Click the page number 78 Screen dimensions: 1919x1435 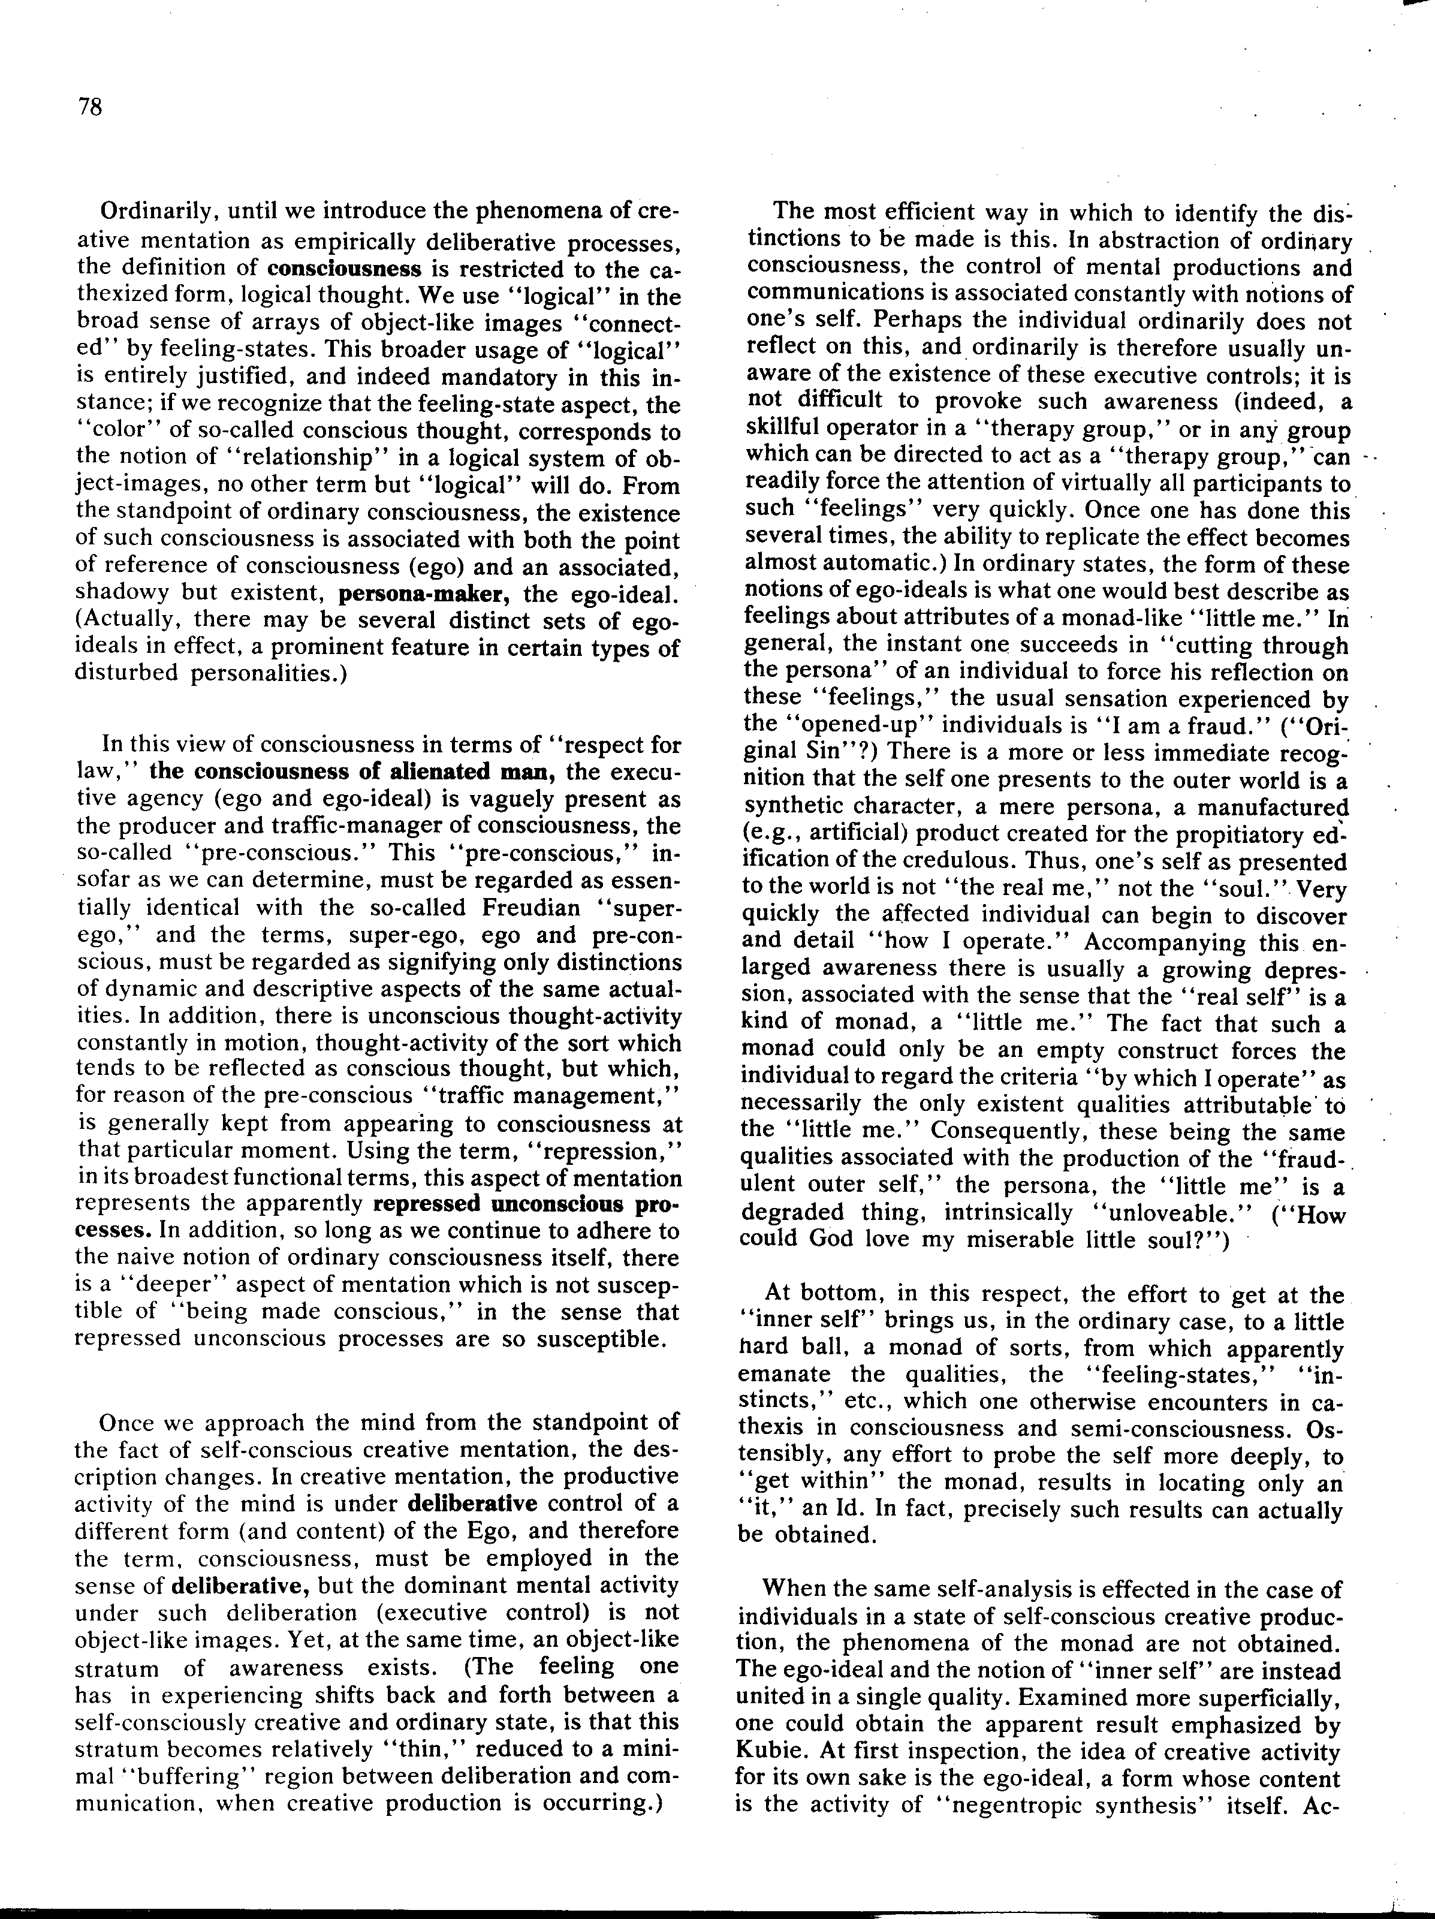tap(89, 107)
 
